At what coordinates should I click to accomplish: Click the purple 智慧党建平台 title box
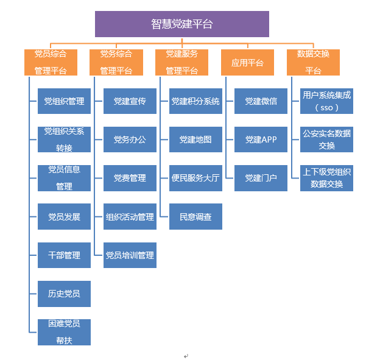[x=181, y=24]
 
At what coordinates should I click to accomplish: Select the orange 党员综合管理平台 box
[x=51, y=62]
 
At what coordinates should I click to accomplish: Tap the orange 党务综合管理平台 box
[x=116, y=62]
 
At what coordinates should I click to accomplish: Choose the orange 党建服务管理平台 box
[x=182, y=62]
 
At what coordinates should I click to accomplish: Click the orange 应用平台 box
[x=248, y=62]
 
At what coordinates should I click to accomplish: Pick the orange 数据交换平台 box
[x=313, y=62]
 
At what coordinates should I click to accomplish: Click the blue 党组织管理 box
[x=64, y=101]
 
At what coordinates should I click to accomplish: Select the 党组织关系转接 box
[x=64, y=139]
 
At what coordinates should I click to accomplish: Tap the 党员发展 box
[x=64, y=217]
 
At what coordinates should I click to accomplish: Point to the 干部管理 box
[x=64, y=255]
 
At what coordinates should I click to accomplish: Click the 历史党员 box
[x=64, y=294]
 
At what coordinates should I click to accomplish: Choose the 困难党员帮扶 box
[x=64, y=332]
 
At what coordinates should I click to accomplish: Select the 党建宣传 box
[x=130, y=101]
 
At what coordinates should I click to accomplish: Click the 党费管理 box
[x=130, y=178]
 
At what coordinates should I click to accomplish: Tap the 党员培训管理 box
[x=130, y=255]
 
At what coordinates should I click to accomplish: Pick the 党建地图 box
[x=195, y=139]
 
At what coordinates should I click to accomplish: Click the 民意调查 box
[x=195, y=217]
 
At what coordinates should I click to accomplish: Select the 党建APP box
[x=261, y=139]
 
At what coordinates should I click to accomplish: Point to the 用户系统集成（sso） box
[x=326, y=101]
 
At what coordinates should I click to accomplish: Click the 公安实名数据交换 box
[x=326, y=139]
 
